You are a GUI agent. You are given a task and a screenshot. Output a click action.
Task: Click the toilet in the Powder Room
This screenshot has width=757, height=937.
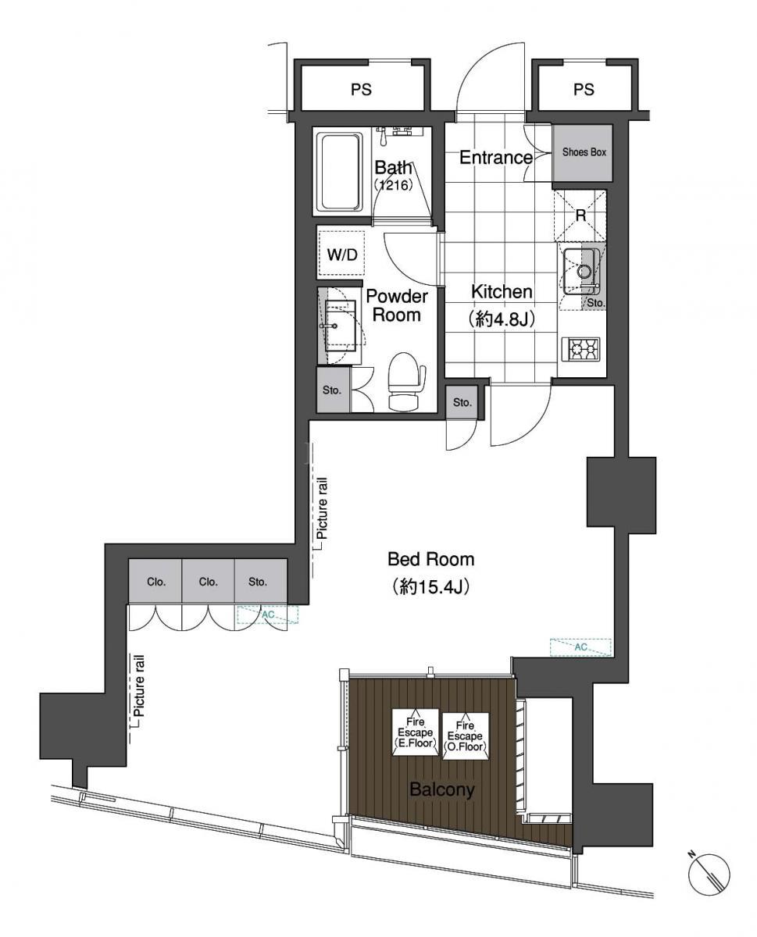pos(406,380)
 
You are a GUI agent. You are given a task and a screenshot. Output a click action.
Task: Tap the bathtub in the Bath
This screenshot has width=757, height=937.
pos(341,172)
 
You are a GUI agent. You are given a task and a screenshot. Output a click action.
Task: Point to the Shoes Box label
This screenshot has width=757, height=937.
pos(584,152)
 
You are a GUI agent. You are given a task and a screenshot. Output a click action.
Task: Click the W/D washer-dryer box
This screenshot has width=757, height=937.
pos(341,255)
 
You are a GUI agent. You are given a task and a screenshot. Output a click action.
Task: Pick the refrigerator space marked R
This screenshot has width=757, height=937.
pos(580,215)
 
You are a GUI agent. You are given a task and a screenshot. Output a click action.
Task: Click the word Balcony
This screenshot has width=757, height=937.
pos(442,789)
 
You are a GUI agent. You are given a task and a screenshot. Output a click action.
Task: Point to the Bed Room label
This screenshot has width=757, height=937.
pos(431,559)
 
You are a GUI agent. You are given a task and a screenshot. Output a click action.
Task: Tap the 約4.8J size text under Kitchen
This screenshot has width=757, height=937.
pos(502,319)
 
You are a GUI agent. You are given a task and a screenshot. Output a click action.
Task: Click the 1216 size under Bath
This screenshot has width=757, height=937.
pos(394,185)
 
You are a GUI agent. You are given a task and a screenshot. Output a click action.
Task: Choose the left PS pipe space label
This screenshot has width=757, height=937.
pos(361,90)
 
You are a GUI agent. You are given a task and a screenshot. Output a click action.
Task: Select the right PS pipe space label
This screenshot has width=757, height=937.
pos(584,90)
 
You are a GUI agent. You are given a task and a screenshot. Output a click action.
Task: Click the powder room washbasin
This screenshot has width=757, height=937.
pos(340,326)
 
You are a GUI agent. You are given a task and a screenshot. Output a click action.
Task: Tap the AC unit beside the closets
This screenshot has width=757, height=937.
pos(268,615)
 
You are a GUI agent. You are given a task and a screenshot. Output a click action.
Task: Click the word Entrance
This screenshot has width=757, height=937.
pos(496,157)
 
